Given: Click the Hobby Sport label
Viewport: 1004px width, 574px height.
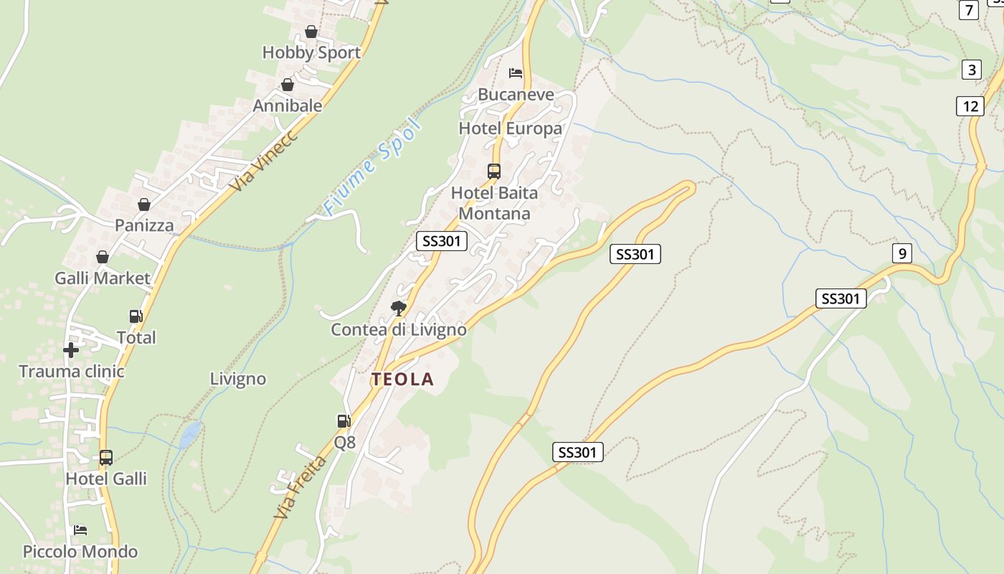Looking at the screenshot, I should pyautogui.click(x=311, y=52).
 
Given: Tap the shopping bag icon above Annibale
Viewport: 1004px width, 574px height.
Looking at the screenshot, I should pyautogui.click(x=288, y=85).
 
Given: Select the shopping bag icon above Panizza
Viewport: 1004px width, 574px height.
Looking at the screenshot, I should pyautogui.click(x=144, y=204).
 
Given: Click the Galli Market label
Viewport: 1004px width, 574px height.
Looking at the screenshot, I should pyautogui.click(x=103, y=278).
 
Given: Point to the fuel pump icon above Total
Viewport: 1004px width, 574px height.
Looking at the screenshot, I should pyautogui.click(x=136, y=316).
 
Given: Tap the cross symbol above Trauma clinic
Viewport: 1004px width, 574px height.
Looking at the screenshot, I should pyautogui.click(x=71, y=350).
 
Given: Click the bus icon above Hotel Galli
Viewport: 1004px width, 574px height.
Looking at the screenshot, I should pyautogui.click(x=106, y=457).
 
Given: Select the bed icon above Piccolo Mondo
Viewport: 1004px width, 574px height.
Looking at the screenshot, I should pyautogui.click(x=80, y=530).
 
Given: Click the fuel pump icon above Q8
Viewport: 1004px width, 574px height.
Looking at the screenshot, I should pyautogui.click(x=344, y=421).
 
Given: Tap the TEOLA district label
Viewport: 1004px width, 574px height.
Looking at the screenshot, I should pyautogui.click(x=402, y=380).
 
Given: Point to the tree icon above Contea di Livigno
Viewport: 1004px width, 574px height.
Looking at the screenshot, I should pyautogui.click(x=398, y=309).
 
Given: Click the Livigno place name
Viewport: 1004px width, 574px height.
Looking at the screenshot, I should pyautogui.click(x=238, y=379).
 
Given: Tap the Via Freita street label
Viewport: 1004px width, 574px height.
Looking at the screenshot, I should pyautogui.click(x=300, y=487).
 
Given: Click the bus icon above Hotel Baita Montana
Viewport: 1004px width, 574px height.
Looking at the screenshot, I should pyautogui.click(x=494, y=171).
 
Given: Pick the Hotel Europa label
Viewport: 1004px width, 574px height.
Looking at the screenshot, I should pyautogui.click(x=511, y=129).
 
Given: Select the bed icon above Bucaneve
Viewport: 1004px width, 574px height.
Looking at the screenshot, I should pyautogui.click(x=516, y=73).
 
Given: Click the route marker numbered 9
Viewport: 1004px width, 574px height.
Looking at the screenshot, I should pyautogui.click(x=902, y=253).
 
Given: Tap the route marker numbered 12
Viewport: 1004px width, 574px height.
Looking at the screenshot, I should pyautogui.click(x=970, y=106).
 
